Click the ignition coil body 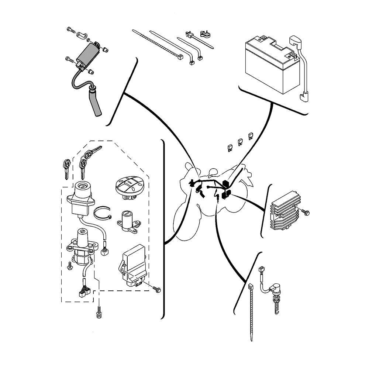(x=87, y=56)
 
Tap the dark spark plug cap (x=94, y=104)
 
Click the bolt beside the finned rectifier (x=306, y=212)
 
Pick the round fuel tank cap (x=128, y=186)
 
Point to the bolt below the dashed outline (x=99, y=313)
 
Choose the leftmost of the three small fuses (x=229, y=148)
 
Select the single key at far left (x=66, y=169)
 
